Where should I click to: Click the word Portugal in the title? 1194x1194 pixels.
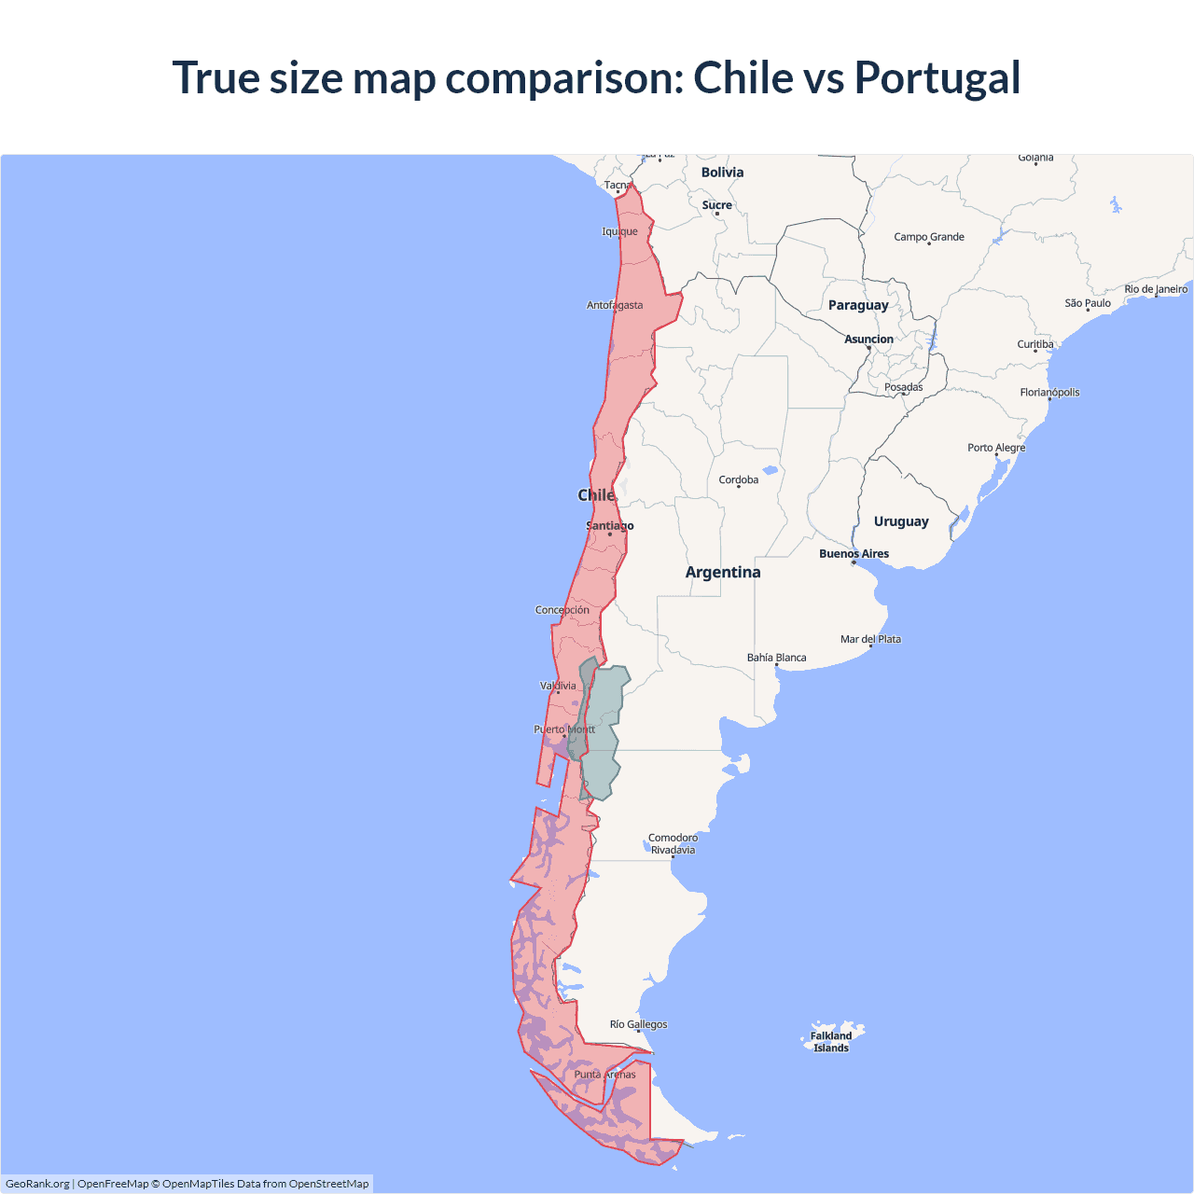[937, 78]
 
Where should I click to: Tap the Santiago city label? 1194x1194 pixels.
[610, 526]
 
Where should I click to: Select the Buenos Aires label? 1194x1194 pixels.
[854, 554]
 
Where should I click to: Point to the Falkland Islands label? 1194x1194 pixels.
[830, 1042]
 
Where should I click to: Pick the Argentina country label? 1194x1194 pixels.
[723, 573]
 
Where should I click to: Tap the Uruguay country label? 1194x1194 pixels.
[901, 521]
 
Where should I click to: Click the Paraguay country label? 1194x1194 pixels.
[858, 305]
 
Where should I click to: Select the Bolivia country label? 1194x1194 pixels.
[722, 173]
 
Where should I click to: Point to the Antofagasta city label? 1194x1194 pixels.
[615, 305]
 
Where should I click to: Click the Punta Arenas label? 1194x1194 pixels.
[604, 1075]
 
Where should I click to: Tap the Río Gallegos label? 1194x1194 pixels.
[638, 1024]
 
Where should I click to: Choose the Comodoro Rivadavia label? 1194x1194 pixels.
[673, 844]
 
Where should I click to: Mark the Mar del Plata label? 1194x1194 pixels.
[870, 640]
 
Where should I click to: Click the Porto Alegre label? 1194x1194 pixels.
[996, 448]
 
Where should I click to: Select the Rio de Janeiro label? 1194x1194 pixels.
[1156, 289]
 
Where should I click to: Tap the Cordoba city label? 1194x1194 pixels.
[739, 480]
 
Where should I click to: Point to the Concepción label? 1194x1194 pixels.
[562, 610]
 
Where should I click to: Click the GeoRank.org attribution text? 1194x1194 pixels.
[37, 1184]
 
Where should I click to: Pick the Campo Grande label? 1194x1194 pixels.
[929, 237]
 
